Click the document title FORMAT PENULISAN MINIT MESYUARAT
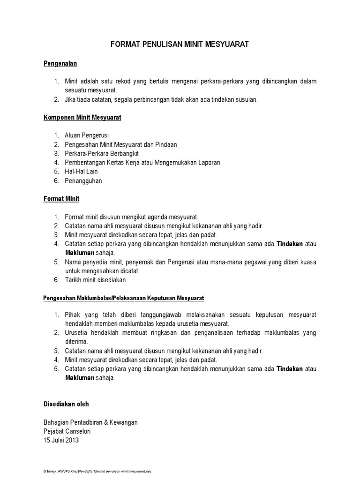click(x=180, y=45)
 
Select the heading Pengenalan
click(x=60, y=63)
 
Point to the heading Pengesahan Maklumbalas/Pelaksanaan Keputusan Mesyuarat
click(x=123, y=298)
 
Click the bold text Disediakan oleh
click(x=66, y=404)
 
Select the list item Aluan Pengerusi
click(x=87, y=135)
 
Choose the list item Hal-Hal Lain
click(x=81, y=172)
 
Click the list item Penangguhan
click(x=83, y=180)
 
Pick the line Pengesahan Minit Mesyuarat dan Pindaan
click(x=120, y=144)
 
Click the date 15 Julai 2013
click(x=61, y=440)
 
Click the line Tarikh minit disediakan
click(x=96, y=280)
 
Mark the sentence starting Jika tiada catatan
click(x=161, y=99)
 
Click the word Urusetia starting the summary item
click(x=76, y=333)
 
